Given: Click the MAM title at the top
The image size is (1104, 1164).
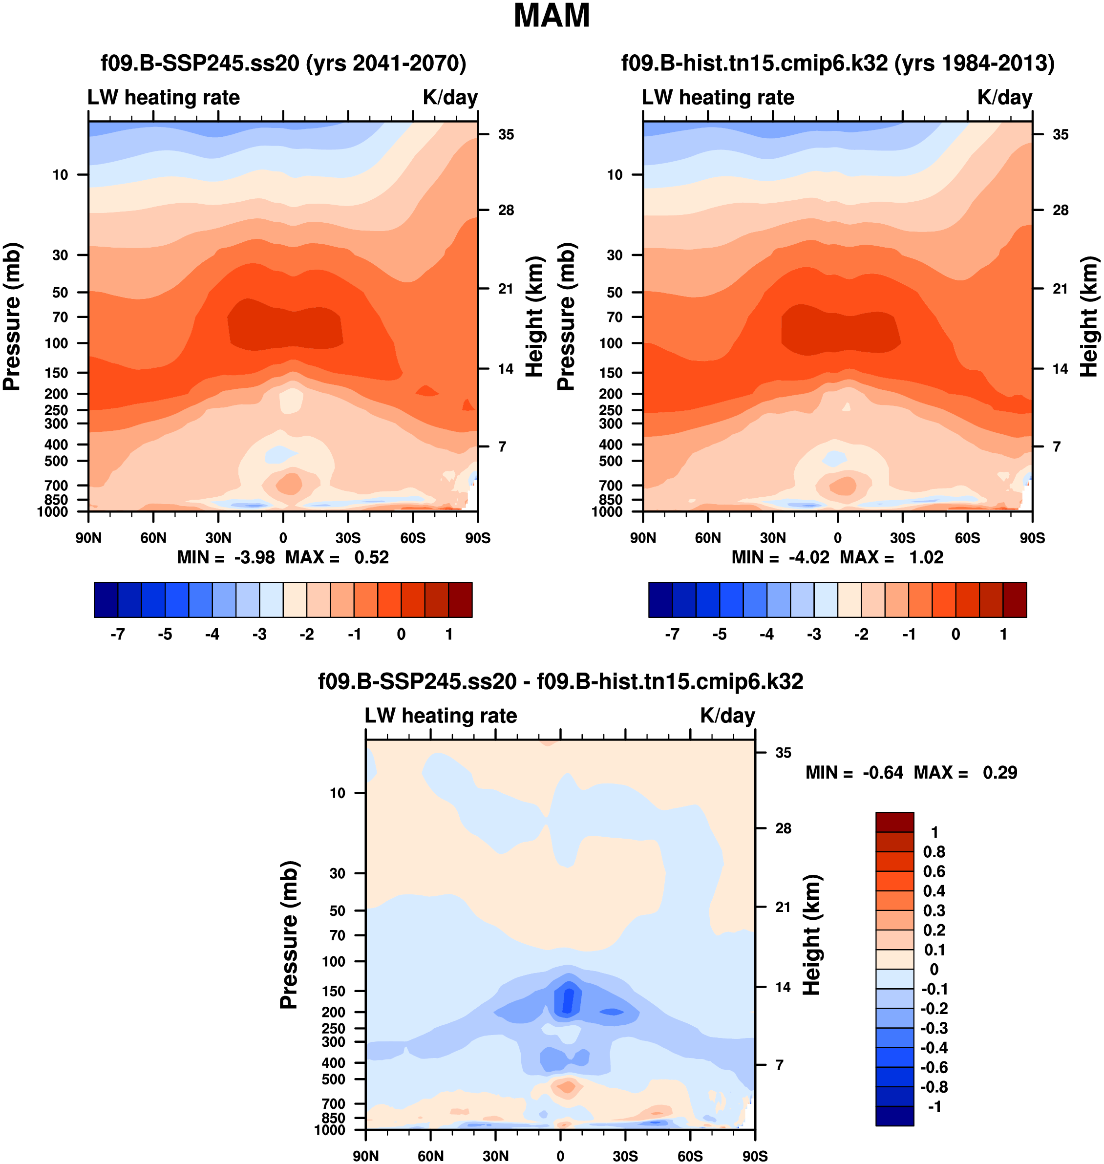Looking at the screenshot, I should pos(552,16).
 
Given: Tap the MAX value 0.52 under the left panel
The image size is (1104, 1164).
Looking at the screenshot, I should pos(371,557).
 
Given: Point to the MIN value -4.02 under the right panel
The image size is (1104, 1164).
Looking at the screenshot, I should pos(808,557).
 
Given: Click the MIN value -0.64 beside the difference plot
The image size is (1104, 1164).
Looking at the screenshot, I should pos(883,773).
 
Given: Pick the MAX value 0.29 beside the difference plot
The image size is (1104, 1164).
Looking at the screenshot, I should pos(1000,773).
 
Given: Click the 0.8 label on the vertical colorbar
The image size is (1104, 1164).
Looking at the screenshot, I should pos(934,851).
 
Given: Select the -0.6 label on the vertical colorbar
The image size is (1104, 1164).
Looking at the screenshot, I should pos(934,1067).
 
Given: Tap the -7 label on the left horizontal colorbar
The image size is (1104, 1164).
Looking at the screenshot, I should pos(117,635).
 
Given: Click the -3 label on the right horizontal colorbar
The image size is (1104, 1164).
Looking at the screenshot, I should pos(814,635).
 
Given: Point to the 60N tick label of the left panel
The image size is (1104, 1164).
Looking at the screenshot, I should pos(153,538).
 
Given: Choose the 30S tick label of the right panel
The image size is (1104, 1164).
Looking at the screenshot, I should pos(902,538).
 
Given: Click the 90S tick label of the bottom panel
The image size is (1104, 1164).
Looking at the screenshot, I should pos(754,1156).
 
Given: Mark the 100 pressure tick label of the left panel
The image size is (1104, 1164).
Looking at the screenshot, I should pos(57,343).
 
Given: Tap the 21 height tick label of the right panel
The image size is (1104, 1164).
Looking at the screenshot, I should pos(1060,289).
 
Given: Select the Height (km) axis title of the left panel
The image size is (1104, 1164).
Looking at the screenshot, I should pos(534,317).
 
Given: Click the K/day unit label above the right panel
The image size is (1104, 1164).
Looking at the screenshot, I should pos(1004,97).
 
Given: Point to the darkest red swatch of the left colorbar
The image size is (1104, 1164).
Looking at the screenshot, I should pos(460,600).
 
